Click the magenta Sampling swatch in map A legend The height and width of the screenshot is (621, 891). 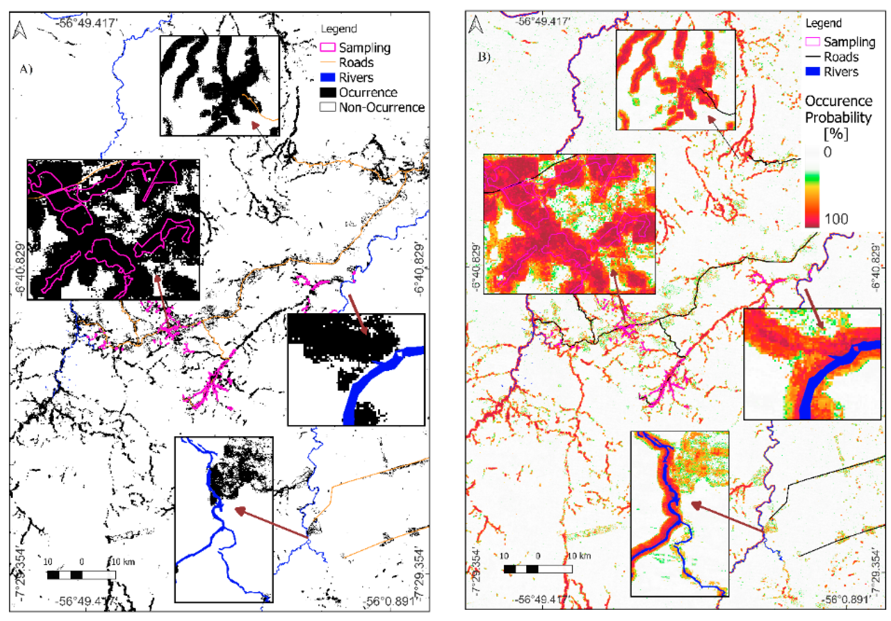click(x=327, y=48)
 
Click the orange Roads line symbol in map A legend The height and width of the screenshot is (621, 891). click(x=327, y=62)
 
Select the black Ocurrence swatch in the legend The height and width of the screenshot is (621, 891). click(x=327, y=93)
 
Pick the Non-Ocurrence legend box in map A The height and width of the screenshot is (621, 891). click(x=327, y=107)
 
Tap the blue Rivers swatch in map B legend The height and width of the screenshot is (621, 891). click(x=812, y=72)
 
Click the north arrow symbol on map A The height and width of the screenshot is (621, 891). click(x=19, y=31)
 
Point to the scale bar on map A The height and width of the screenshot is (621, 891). click(x=81, y=575)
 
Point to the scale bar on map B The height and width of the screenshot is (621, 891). click(x=537, y=569)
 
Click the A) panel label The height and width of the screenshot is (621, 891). click(x=26, y=69)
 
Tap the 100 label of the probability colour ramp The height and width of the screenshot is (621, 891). click(x=836, y=219)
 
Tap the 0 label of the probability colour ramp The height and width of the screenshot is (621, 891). click(x=827, y=152)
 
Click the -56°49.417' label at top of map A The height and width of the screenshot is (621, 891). click(x=86, y=23)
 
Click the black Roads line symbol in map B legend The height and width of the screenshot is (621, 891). click(x=812, y=57)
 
